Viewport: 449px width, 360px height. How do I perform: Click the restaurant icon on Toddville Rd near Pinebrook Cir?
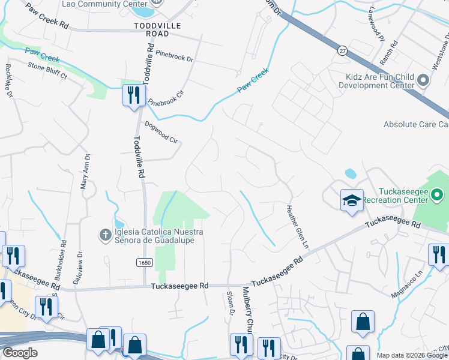(133, 95)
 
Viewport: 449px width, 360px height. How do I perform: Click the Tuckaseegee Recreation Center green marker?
(437, 194)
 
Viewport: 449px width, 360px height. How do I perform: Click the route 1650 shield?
(145, 263)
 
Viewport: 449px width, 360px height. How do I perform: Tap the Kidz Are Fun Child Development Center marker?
(424, 80)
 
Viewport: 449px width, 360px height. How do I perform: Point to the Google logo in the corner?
(20, 353)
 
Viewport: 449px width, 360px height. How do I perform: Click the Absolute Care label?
(416, 125)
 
